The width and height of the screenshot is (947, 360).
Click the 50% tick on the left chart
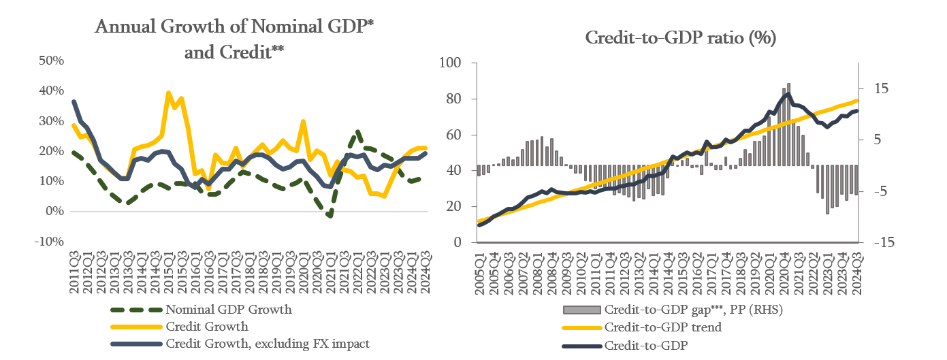(x=50, y=60)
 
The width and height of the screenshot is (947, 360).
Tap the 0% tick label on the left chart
(x=55, y=211)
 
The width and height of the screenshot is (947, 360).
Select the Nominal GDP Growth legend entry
(x=229, y=310)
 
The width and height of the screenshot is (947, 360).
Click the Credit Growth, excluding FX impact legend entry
(x=267, y=344)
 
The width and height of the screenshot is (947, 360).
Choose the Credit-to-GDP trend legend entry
(x=662, y=327)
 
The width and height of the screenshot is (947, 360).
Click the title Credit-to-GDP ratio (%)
(x=681, y=39)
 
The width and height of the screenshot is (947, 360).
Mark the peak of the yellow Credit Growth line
(x=168, y=93)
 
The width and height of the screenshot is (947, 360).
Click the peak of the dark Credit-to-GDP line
(x=788, y=94)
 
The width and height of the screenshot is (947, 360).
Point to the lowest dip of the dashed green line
(x=330, y=216)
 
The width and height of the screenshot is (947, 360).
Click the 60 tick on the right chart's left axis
(x=455, y=135)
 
